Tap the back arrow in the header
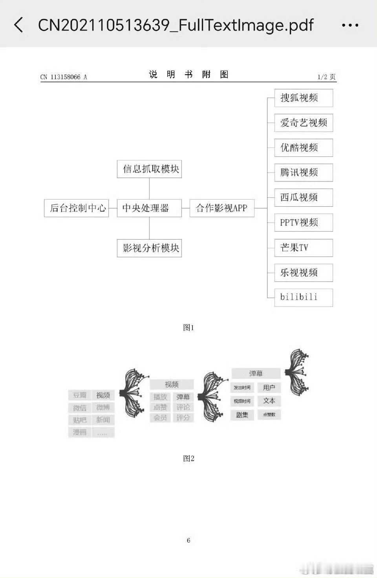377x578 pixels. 18,25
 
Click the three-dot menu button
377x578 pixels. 350,25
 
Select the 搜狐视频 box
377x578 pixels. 303,98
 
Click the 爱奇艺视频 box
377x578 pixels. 303,123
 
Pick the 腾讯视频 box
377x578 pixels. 303,173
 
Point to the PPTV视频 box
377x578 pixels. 303,222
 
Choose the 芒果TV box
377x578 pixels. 303,247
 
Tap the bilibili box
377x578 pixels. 303,297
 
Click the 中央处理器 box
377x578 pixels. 149,208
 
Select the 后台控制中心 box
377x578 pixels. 77,208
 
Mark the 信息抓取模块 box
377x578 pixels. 149,169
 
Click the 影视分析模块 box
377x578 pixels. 149,248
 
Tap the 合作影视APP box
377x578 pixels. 221,208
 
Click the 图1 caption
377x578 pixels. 188,327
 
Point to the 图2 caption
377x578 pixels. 188,458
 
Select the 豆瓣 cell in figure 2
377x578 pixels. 80,395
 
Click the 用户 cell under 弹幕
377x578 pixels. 269,387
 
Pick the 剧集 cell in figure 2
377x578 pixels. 242,415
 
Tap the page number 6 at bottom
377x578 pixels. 188,540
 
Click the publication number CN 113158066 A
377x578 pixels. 64,77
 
